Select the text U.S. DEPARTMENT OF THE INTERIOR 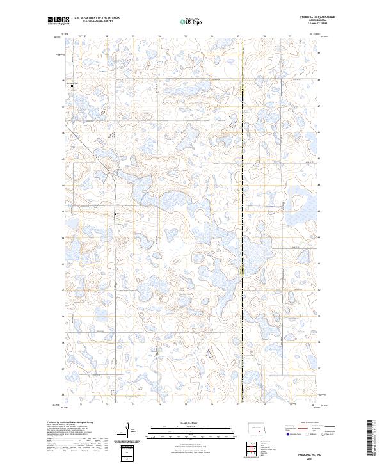(97, 18)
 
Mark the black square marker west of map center (115, 213)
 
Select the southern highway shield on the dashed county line (243, 271)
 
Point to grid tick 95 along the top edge (159, 36)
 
